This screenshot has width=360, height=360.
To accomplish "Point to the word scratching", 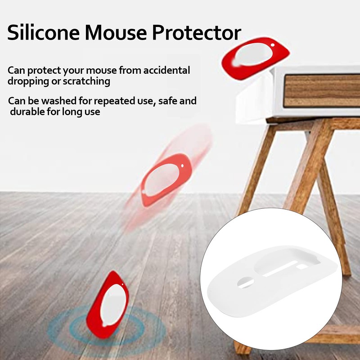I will pyautogui.click(x=85, y=81).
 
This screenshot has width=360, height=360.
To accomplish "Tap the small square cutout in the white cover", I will pyautogui.click(x=302, y=266).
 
